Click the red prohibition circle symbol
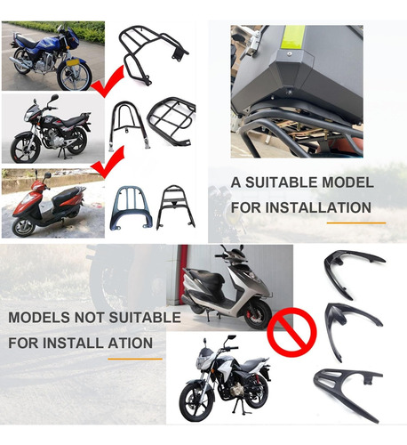291,332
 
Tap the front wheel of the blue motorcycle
75,76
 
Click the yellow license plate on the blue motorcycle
73,62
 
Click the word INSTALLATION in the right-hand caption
318,207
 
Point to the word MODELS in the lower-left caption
39,318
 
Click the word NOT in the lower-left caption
89,318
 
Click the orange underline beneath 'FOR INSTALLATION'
356,222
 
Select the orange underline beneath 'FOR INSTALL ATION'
135,359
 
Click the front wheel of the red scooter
24,227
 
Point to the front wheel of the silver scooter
259,315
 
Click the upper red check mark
108,81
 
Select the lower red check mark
108,162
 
